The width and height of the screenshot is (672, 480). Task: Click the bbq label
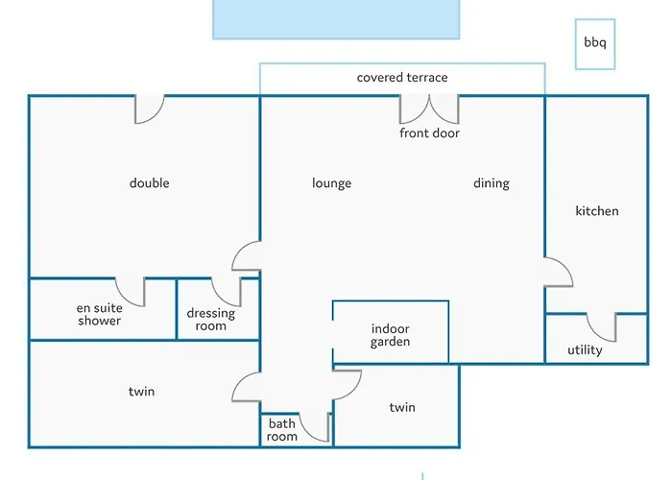[x=595, y=43]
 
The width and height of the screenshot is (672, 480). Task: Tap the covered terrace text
[x=402, y=78]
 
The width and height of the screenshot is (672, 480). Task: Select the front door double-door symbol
[x=429, y=108]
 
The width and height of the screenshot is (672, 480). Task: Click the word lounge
[x=331, y=183]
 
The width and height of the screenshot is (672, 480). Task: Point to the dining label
[x=491, y=183]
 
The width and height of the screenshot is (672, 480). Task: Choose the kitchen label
[x=596, y=211]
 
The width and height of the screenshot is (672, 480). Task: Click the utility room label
[x=585, y=350]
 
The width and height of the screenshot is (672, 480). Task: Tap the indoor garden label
[x=391, y=335]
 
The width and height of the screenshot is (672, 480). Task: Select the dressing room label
[x=211, y=320]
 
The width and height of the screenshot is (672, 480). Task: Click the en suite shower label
[x=100, y=315]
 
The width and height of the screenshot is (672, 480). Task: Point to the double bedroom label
[x=149, y=183]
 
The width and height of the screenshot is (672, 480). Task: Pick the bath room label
[x=282, y=430]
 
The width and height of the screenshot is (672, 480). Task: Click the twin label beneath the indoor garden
[x=402, y=408]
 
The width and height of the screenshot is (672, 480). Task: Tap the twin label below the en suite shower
[x=141, y=392]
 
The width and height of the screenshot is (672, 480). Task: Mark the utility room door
[x=602, y=326]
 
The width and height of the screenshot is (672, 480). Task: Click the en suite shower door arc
[x=131, y=291]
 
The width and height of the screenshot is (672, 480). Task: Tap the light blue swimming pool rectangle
[x=335, y=19]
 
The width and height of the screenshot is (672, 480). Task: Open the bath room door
[x=316, y=426]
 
